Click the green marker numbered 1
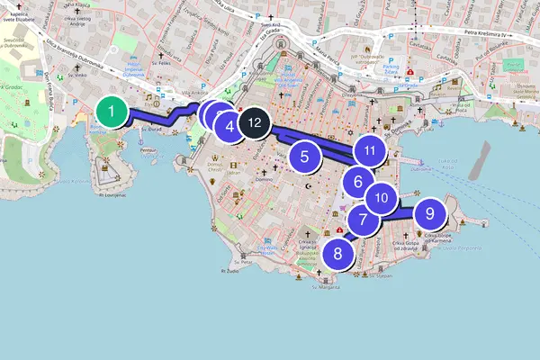click(x=111, y=113)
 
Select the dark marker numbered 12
click(x=255, y=121)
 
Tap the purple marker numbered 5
click(x=305, y=156)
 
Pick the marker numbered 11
click(x=369, y=150)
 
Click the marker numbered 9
click(x=429, y=213)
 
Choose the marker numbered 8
click(x=337, y=253)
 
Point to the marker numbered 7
click(x=363, y=219)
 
